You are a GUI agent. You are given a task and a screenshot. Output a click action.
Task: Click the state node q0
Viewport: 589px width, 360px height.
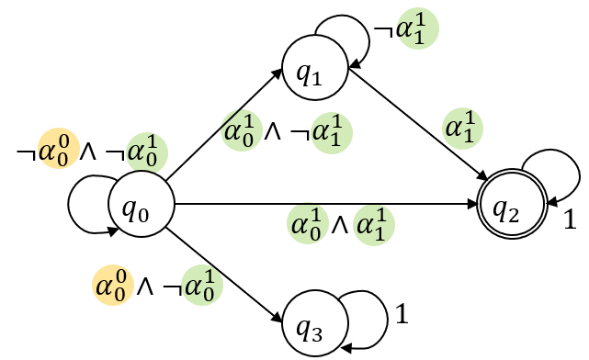[142, 204]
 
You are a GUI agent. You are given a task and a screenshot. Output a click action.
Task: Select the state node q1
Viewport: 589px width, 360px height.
[314, 68]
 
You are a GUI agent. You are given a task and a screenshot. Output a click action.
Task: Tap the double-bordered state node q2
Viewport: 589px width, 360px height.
[512, 204]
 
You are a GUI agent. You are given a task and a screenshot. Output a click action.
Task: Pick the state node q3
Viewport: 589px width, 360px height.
[314, 323]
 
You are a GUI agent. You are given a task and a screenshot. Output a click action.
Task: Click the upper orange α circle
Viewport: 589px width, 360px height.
[59, 149]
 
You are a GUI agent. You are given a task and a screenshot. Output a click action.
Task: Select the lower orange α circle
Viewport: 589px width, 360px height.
[113, 285]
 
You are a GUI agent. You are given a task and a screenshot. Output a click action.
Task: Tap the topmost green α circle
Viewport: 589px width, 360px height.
[417, 28]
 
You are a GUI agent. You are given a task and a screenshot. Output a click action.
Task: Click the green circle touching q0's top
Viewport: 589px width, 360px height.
[147, 152]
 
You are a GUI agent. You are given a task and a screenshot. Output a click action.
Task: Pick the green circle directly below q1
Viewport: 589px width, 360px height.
[332, 132]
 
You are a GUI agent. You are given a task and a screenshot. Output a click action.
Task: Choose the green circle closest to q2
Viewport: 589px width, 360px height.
[463, 129]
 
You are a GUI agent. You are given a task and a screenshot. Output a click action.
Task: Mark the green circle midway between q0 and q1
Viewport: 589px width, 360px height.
[242, 130]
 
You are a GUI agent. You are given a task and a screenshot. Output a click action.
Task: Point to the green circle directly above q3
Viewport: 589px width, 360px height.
[308, 224]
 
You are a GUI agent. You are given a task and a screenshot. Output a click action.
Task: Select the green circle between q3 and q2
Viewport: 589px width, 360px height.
[374, 225]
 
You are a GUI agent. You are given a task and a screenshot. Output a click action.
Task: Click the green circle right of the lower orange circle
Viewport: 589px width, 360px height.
[202, 285]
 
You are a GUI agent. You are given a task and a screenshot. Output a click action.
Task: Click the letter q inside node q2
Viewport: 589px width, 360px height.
[501, 208]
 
